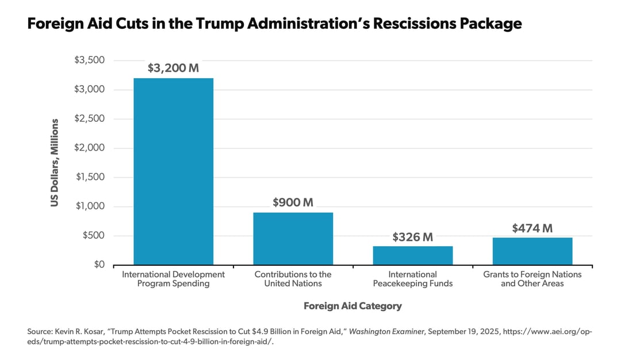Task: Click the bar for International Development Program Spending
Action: pyautogui.click(x=173, y=171)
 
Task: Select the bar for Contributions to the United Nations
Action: pyautogui.click(x=293, y=239)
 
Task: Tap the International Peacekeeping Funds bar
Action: pyautogui.click(x=413, y=255)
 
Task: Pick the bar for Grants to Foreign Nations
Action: pyautogui.click(x=532, y=251)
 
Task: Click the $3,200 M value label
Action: pyautogui.click(x=173, y=68)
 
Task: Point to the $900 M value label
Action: pyautogui.click(x=293, y=202)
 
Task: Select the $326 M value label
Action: pyautogui.click(x=413, y=237)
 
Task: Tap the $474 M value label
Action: pyautogui.click(x=532, y=228)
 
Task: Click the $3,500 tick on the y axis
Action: pyautogui.click(x=89, y=60)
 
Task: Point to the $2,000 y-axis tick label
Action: pyautogui.click(x=89, y=148)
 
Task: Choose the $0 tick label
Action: pyautogui.click(x=98, y=265)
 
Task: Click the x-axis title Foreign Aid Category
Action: pyautogui.click(x=352, y=306)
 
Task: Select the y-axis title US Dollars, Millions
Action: pyautogui.click(x=55, y=163)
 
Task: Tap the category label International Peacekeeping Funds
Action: pyautogui.click(x=413, y=279)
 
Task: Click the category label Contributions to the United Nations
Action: pyautogui.click(x=293, y=279)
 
